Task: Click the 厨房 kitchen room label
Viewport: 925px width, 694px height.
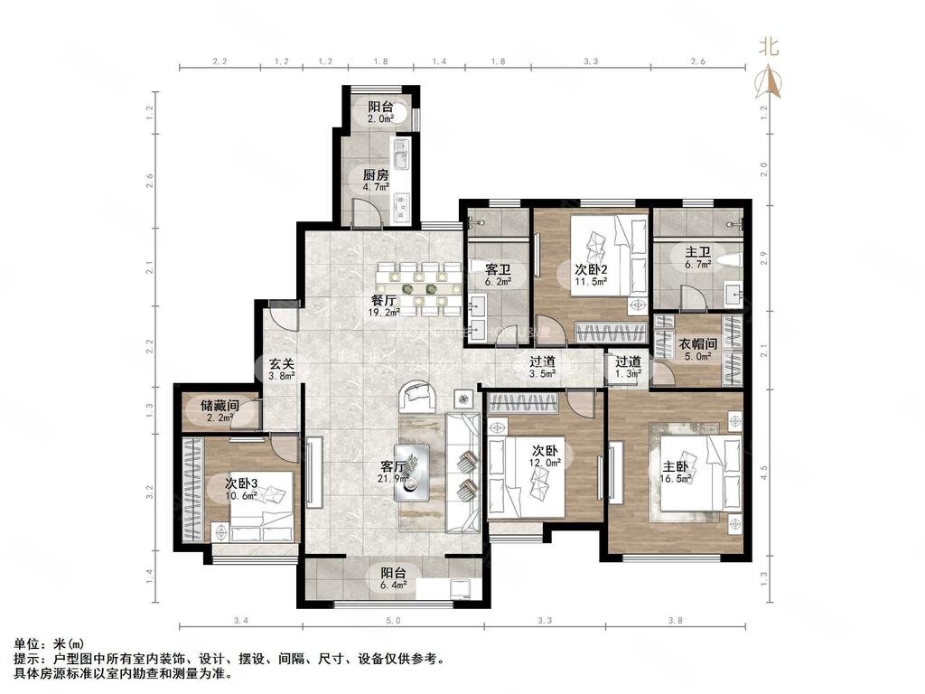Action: point(376,175)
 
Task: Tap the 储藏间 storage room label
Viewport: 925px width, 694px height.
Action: point(220,407)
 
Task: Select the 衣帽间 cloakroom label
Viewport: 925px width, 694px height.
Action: point(698,343)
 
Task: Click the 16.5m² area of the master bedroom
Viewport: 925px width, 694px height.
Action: point(677,479)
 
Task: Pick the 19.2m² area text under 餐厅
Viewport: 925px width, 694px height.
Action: point(385,313)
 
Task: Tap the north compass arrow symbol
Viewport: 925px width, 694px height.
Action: point(771,82)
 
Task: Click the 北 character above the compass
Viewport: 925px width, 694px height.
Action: point(768,46)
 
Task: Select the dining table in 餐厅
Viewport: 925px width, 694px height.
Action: point(419,288)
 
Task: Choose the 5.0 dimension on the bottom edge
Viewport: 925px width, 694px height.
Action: point(393,620)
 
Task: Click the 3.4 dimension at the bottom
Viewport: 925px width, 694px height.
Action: point(239,620)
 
